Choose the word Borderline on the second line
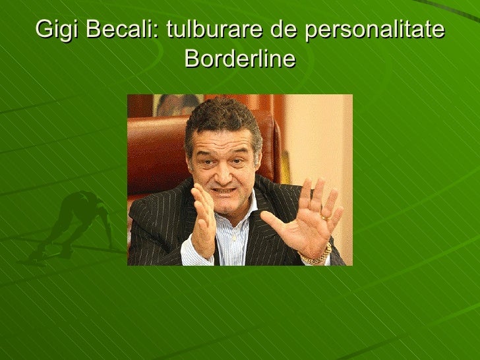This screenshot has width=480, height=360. [240, 59]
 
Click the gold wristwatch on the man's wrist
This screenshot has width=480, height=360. [317, 254]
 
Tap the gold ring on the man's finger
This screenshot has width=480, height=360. [325, 216]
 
